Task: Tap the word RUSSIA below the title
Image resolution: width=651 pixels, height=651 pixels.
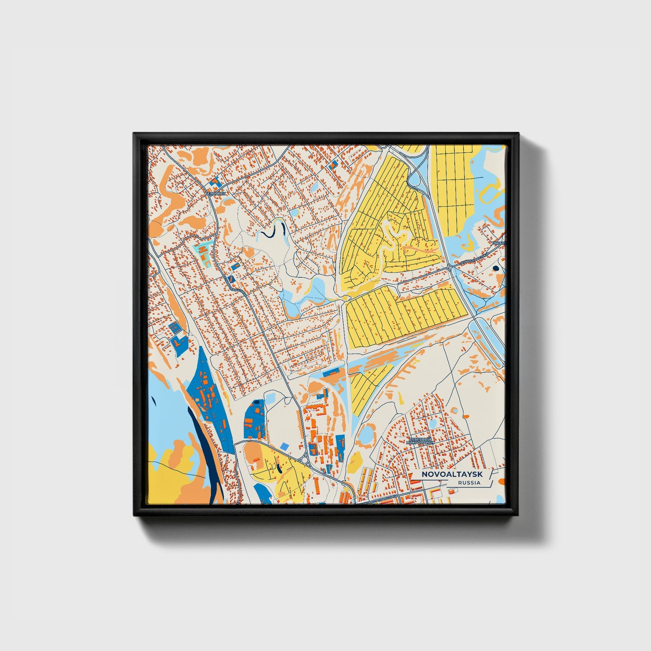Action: click(x=469, y=483)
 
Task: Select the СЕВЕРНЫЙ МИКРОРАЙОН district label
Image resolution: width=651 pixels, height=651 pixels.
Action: click(x=420, y=441)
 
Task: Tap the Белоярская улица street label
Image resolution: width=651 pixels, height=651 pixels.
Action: click(x=236, y=285)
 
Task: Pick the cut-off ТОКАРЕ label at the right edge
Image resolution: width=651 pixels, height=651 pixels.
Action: click(x=498, y=243)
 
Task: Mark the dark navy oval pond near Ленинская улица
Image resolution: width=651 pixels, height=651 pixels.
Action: click(x=496, y=268)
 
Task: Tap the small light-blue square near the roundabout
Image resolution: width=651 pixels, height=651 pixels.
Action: click(x=284, y=446)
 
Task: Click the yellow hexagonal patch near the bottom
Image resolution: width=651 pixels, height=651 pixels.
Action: click(x=355, y=460)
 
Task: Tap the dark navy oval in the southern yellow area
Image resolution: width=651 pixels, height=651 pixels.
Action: click(x=279, y=469)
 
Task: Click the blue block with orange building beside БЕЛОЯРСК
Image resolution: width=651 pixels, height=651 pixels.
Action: click(x=215, y=182)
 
